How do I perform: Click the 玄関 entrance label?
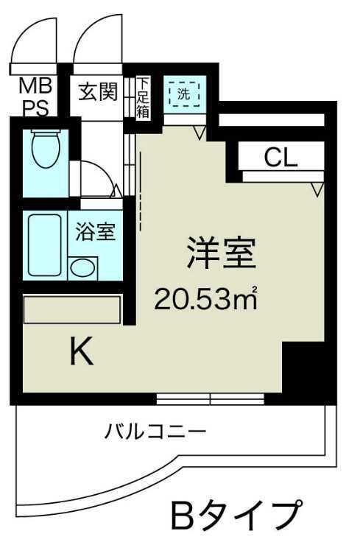pyautogui.click(x=99, y=93)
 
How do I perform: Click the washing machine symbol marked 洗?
pyautogui.click(x=183, y=94)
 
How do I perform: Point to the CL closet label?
pyautogui.click(x=280, y=158)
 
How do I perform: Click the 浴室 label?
pyautogui.click(x=95, y=232)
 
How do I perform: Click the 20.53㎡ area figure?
pyautogui.click(x=205, y=299)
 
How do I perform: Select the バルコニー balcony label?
pyautogui.click(x=155, y=431)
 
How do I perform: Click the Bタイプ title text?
pyautogui.click(x=236, y=514)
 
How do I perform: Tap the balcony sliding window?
pyautogui.click(x=210, y=400)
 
